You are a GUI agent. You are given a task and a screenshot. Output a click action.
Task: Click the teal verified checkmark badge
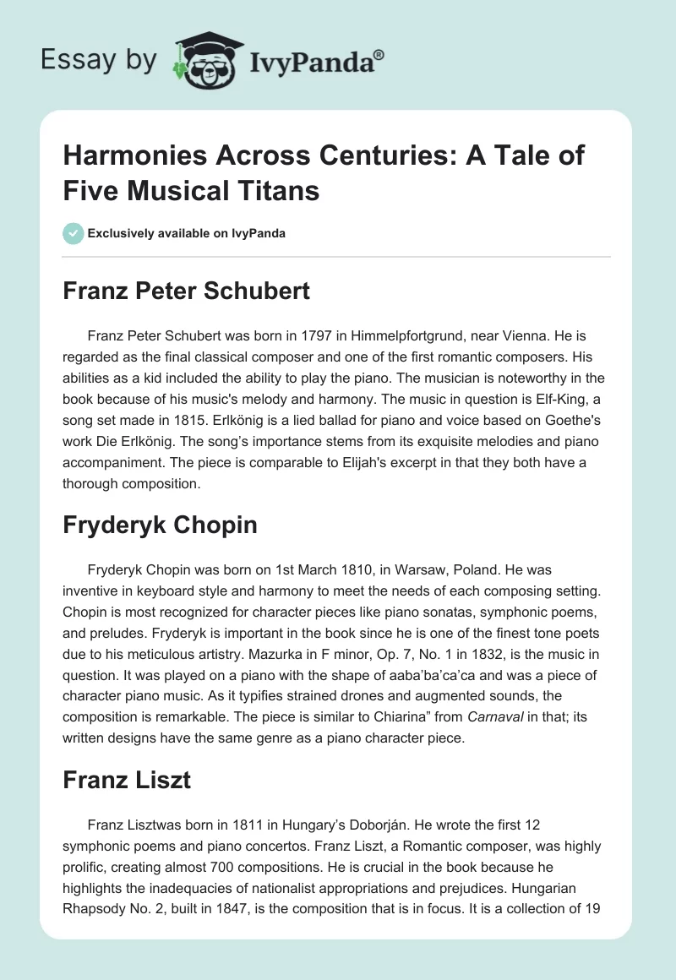pos(73,233)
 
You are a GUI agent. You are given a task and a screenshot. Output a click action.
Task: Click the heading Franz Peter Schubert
pos(187,291)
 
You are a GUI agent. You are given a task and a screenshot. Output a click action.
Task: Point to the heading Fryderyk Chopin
pos(160,525)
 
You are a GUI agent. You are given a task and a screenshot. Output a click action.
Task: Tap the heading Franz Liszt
pos(127,780)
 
